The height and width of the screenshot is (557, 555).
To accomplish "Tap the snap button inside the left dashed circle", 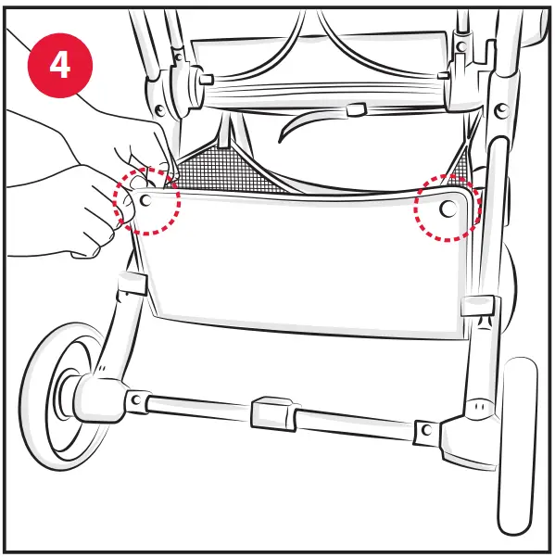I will coord(147,200).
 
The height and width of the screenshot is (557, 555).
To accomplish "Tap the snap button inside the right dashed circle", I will coord(448,209).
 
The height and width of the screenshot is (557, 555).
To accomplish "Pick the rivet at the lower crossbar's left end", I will coord(135,400).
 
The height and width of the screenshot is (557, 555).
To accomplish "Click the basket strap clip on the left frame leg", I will coord(132,283).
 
